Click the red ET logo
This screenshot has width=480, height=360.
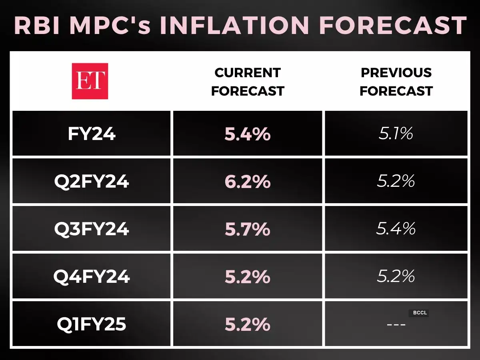pyautogui.click(x=90, y=81)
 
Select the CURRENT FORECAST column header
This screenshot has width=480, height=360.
pyautogui.click(x=248, y=82)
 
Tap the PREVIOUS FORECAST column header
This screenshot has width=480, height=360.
pyautogui.click(x=396, y=82)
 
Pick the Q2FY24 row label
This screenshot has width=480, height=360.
pyautogui.click(x=92, y=182)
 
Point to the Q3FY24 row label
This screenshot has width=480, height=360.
pyautogui.click(x=92, y=229)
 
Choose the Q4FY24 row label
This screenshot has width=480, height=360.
pyautogui.click(x=92, y=276)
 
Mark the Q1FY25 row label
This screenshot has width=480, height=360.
pyautogui.click(x=92, y=324)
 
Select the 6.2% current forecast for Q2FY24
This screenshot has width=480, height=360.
pyautogui.click(x=248, y=182)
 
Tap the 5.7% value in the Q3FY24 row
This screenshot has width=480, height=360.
pyautogui.click(x=248, y=229)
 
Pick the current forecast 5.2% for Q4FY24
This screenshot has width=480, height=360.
pyautogui.click(x=248, y=276)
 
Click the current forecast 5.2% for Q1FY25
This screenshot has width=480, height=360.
pyautogui.click(x=248, y=324)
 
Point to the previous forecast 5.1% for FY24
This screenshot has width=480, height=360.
pyautogui.click(x=396, y=134)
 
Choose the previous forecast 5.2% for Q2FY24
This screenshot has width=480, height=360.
pyautogui.click(x=396, y=182)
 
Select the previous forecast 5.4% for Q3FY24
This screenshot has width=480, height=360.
pyautogui.click(x=396, y=229)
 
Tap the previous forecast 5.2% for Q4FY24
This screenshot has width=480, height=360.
pyautogui.click(x=396, y=276)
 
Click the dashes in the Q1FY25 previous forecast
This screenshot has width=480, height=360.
pyautogui.click(x=396, y=324)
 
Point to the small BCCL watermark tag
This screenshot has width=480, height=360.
pyautogui.click(x=418, y=313)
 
